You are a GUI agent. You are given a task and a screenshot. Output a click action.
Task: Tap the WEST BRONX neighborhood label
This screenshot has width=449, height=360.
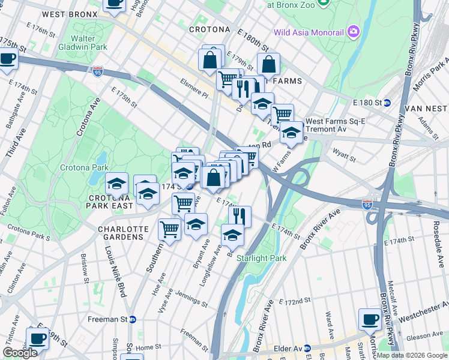pos(70,14)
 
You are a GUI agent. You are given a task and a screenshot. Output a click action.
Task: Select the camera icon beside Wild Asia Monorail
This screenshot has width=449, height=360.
pos(354,31)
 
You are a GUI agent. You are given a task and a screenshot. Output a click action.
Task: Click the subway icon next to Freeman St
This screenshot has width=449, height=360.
pos(133,319)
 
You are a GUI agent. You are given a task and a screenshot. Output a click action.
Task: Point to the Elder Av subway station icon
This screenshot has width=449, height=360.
pos(307,347)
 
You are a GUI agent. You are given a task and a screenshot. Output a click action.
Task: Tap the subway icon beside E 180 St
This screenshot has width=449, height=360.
pos(387,103)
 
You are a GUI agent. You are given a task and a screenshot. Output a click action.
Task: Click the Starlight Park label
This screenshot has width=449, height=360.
pos(261,258)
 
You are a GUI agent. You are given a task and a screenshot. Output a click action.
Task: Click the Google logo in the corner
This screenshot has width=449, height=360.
pos(20,353)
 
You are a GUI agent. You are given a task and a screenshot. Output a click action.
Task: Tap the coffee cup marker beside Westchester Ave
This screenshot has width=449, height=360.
pos(370,319)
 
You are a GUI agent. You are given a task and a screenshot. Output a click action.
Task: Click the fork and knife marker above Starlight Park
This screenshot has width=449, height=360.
pos(240,216)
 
